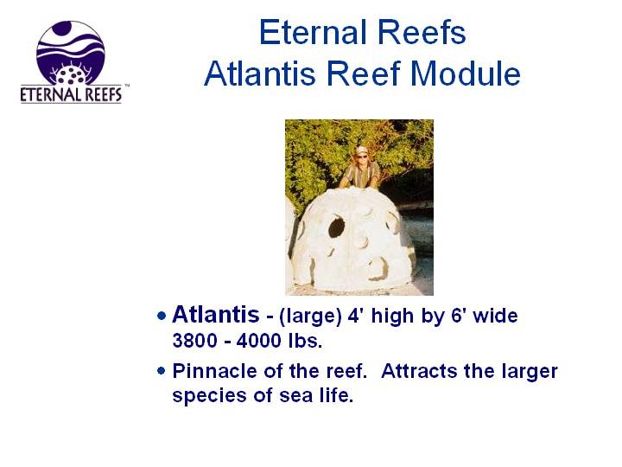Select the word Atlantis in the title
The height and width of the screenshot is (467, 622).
pos(260,74)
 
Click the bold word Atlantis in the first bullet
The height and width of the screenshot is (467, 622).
pos(216,315)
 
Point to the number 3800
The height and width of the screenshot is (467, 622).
pos(194,341)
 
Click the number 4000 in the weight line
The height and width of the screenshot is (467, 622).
pos(258,341)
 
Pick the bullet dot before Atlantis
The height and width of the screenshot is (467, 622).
pos(162,317)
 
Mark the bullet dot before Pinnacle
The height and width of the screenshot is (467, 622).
pos(161,371)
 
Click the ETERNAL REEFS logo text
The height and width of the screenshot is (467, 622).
pos(71,94)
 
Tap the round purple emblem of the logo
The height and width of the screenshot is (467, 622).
pos(71,53)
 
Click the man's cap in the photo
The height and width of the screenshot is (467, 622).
pos(360,150)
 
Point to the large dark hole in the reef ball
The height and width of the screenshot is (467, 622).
pos(336,227)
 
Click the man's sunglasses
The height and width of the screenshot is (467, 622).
pos(361,156)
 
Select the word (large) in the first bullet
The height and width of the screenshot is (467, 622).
pos(310,317)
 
